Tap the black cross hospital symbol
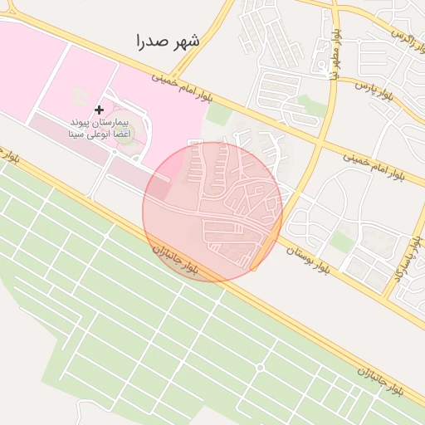click(100, 110)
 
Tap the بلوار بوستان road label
click(308, 256)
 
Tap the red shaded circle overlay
click(212, 212)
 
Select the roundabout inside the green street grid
click(260, 367)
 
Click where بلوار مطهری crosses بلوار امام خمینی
click(320, 143)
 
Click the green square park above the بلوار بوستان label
click(341, 242)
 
